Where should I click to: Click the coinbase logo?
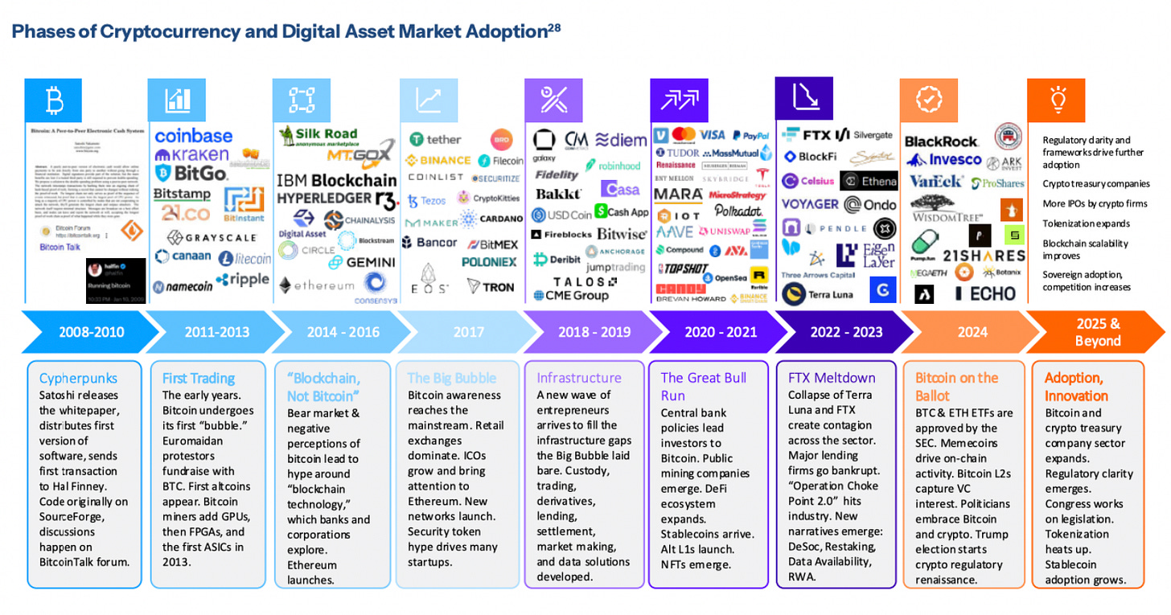click(193, 136)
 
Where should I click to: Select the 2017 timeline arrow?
click(469, 332)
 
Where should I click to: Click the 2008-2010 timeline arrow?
click(91, 332)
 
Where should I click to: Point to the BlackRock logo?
click(941, 141)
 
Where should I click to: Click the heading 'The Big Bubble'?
click(451, 378)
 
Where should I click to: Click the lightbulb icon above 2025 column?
click(1057, 100)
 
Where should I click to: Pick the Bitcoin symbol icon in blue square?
click(55, 100)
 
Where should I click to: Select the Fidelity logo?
click(556, 175)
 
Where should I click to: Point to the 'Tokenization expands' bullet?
click(1086, 223)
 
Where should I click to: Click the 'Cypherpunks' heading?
click(78, 378)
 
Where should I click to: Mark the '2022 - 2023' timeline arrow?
click(846, 332)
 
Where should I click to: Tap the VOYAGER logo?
click(810, 204)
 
